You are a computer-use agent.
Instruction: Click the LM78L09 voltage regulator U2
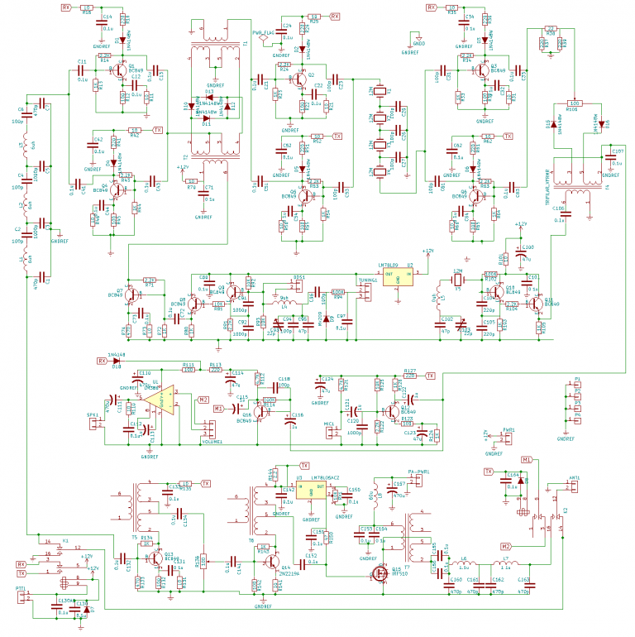[399, 278]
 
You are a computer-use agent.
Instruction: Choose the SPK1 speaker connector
[97, 423]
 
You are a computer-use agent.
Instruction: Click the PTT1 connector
[22, 596]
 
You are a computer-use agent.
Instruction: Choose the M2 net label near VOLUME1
[202, 400]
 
